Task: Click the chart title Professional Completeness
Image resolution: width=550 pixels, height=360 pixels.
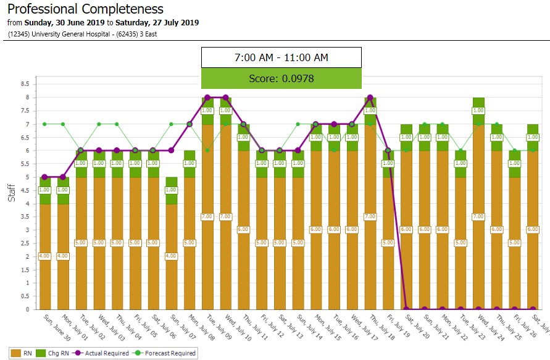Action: tap(85, 9)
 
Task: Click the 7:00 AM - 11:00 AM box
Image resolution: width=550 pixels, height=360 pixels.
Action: tap(281, 57)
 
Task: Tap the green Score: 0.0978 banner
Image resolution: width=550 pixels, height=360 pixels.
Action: tap(281, 78)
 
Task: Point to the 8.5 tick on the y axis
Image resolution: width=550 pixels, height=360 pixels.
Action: tap(25, 84)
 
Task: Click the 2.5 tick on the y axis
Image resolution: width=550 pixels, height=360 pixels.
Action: tap(25, 243)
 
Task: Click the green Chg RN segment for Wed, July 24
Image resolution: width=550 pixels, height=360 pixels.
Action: tap(478, 111)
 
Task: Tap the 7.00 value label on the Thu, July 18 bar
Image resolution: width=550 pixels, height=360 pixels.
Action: tap(370, 217)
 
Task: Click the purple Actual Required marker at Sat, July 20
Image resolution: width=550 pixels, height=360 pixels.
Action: tap(406, 309)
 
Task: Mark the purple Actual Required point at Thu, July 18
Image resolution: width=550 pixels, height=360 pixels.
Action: tap(370, 98)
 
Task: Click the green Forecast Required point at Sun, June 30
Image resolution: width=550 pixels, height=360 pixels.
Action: tap(44, 124)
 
